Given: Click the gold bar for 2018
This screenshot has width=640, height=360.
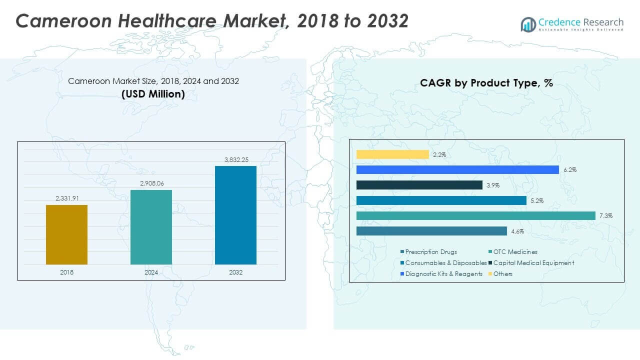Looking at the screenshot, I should (x=66, y=234).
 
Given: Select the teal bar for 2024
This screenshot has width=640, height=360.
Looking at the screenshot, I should (x=151, y=227).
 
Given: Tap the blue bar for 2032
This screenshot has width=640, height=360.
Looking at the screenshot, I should (x=235, y=215).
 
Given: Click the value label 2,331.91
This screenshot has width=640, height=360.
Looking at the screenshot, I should (x=66, y=199).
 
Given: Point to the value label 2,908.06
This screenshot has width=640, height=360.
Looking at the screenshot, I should (x=151, y=183).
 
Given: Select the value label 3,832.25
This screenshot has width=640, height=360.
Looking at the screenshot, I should (x=235, y=159).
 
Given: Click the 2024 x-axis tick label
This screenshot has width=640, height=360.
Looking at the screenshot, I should (x=151, y=272).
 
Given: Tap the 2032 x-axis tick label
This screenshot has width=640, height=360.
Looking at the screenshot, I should (x=235, y=272).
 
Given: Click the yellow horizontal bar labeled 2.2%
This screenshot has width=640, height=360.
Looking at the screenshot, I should (x=392, y=154).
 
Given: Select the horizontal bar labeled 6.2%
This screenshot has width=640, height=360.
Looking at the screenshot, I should (x=457, y=170).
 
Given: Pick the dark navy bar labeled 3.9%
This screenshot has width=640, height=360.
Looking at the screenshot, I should (x=419, y=185).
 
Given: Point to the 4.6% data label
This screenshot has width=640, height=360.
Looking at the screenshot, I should (x=517, y=231).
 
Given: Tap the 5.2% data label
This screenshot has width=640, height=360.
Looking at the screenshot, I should (x=536, y=200).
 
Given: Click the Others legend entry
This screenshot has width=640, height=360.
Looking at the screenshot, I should (x=502, y=273).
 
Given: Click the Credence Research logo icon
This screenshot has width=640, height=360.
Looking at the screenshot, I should (x=528, y=24).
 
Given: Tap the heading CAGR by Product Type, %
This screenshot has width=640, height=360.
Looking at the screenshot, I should (x=486, y=83).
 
